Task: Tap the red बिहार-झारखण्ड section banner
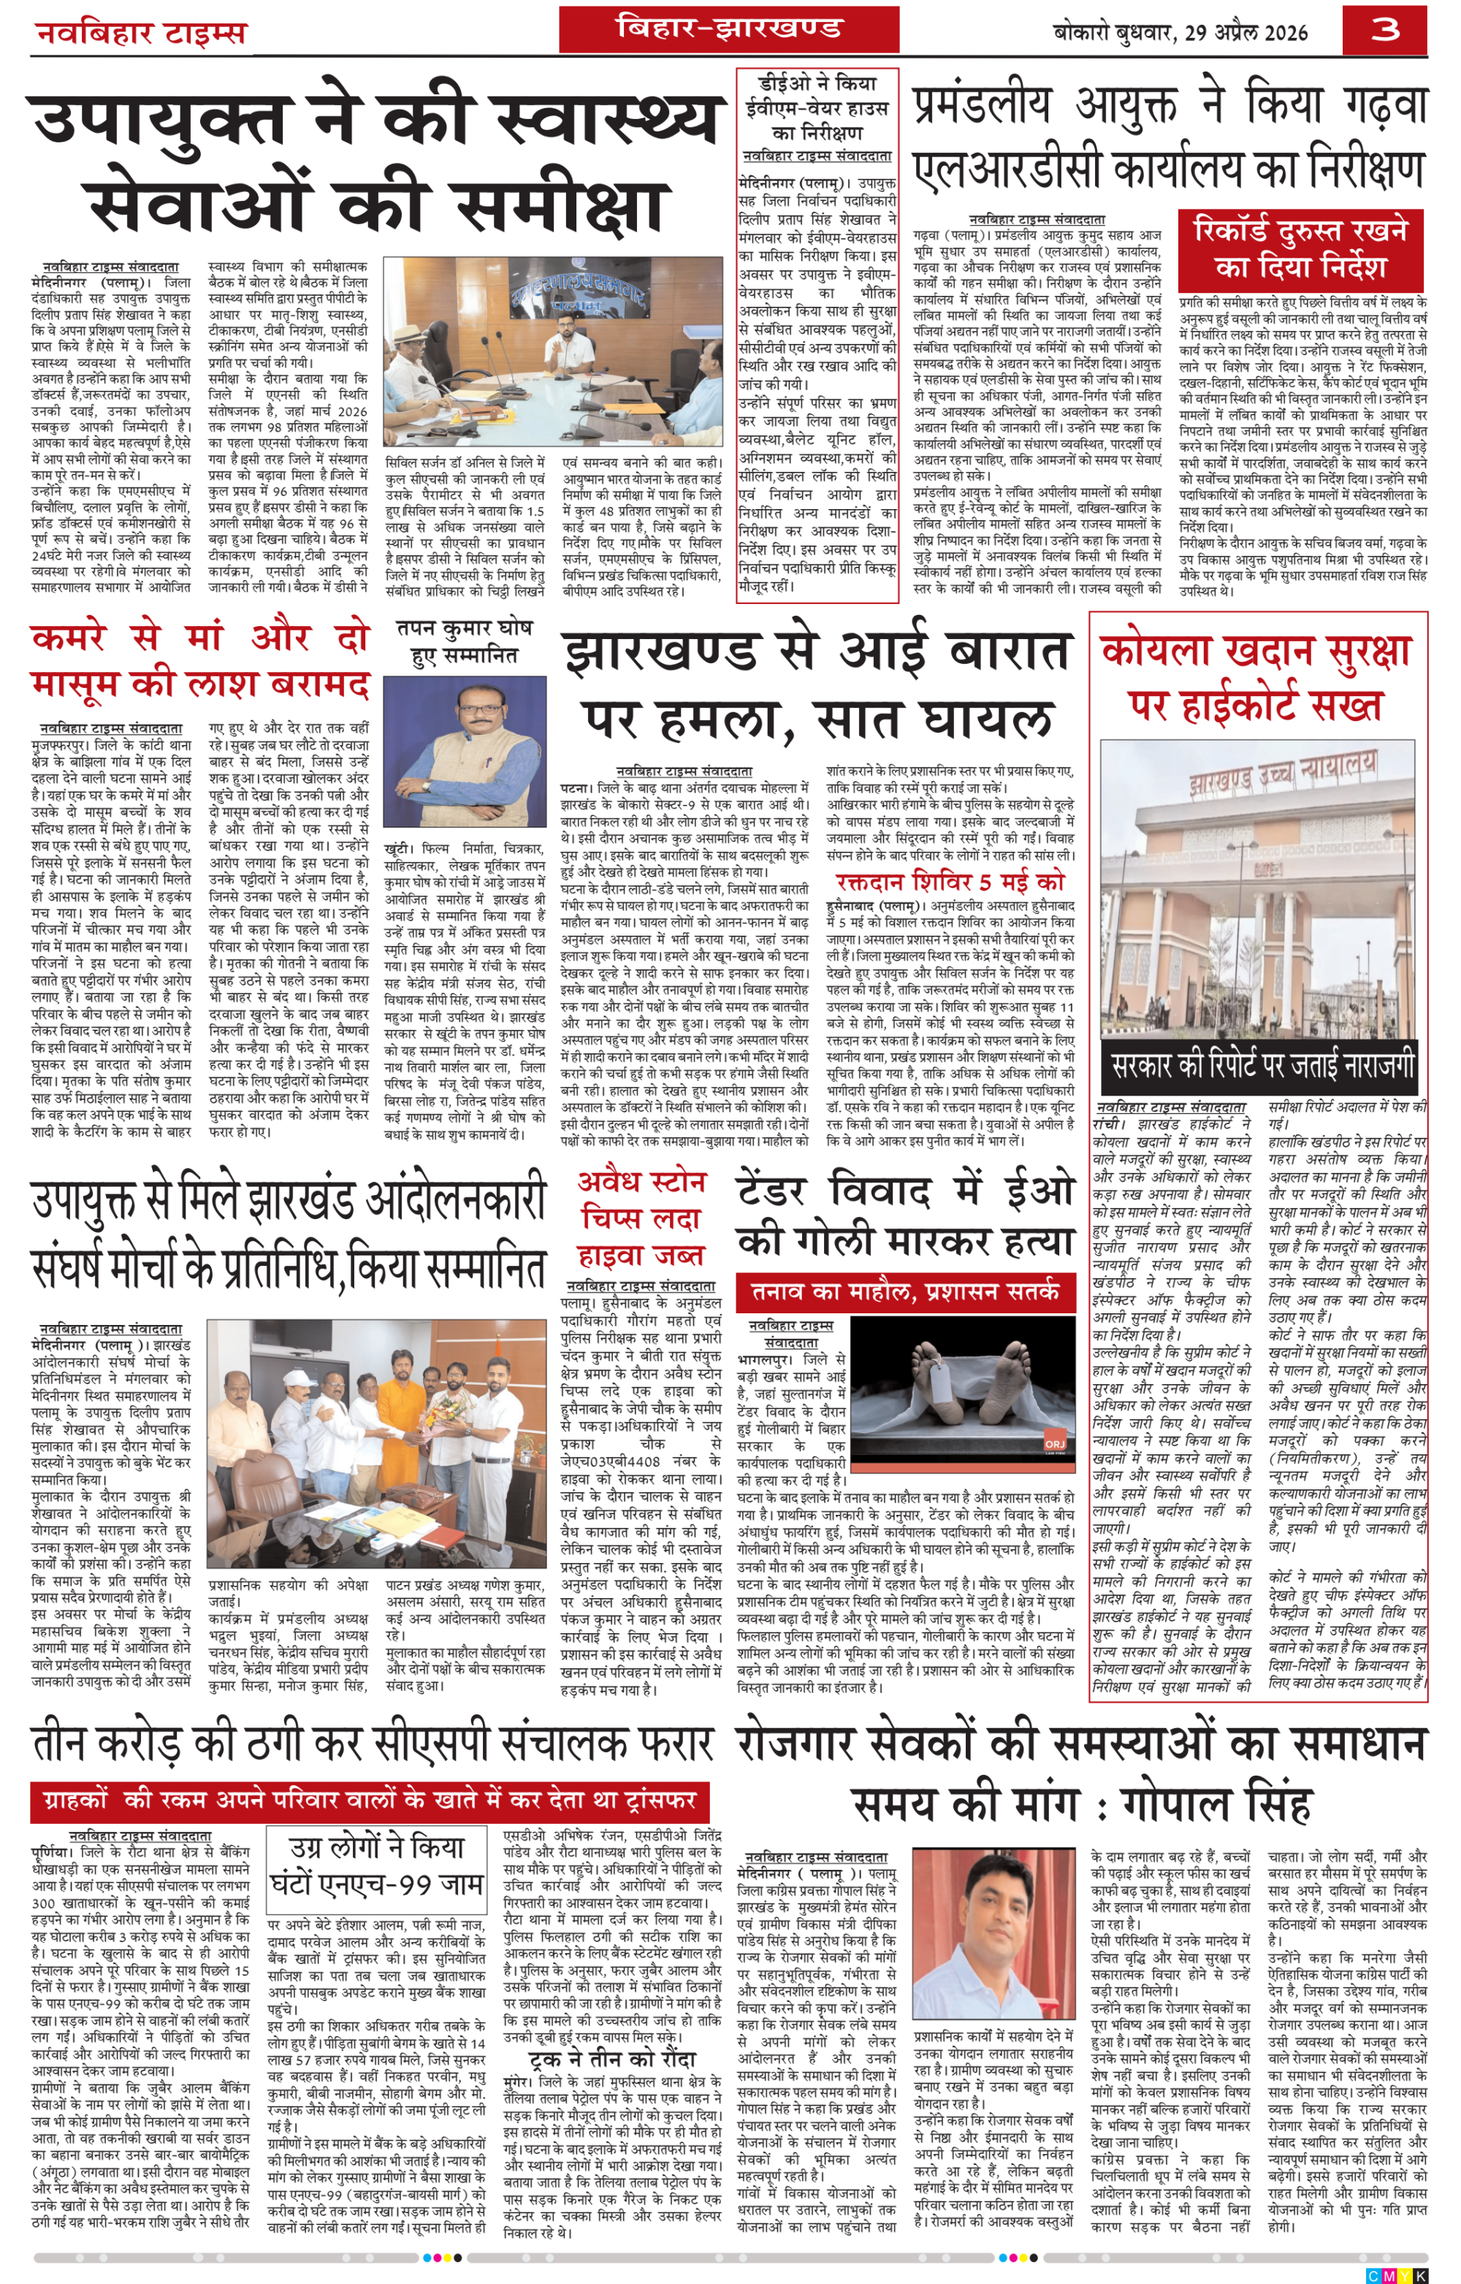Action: point(728,28)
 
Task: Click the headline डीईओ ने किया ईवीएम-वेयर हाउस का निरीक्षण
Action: point(817,107)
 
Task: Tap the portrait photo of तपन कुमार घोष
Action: point(465,751)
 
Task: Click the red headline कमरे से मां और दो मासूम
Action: point(199,660)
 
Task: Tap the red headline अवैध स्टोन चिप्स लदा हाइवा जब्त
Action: point(641,1219)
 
